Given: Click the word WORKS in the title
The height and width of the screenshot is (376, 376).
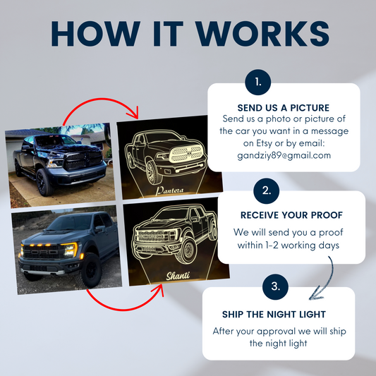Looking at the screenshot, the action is [263, 34].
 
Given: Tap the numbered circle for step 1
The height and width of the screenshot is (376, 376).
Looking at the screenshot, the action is [258, 83].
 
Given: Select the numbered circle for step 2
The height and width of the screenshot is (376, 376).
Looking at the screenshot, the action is [267, 191].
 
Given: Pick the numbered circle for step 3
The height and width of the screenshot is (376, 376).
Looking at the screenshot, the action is [276, 286].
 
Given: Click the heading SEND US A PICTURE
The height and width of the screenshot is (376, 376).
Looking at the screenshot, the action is [284, 108].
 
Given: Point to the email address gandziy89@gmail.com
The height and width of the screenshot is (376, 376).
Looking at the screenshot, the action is [284, 156].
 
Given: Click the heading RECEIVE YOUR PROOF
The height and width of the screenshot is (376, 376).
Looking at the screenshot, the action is [291, 215].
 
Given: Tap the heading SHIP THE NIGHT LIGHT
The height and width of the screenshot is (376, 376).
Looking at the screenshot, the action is [274, 314].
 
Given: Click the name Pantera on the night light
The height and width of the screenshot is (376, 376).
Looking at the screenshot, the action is [169, 190].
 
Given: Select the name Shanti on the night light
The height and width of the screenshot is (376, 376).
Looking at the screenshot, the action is [178, 276].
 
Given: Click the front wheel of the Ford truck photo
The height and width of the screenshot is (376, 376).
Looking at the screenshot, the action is [92, 270].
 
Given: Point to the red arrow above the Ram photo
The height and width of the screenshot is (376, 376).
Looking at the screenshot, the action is [101, 98].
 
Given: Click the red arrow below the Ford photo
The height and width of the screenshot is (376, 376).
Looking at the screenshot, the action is [120, 310].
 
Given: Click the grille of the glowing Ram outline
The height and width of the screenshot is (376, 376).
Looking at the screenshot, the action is [186, 154].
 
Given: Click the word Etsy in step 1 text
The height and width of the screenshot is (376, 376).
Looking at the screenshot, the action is [264, 144].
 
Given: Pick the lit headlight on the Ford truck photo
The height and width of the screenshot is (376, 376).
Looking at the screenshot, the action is [71, 250].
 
